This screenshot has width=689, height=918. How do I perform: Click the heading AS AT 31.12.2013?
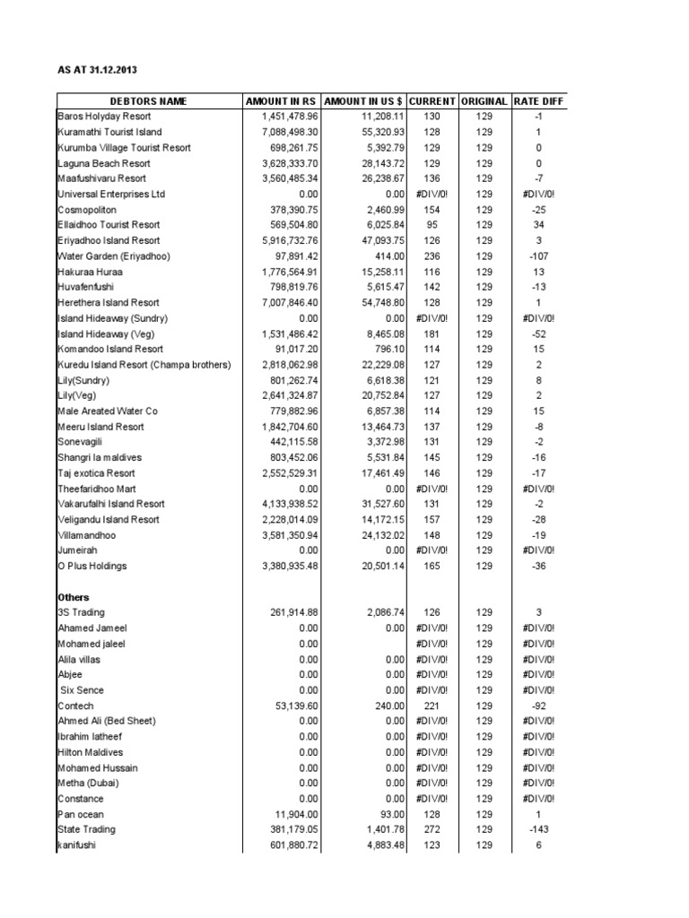tap(99, 70)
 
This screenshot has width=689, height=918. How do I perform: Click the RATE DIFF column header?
tap(538, 101)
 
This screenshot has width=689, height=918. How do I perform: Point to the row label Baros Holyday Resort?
tap(104, 117)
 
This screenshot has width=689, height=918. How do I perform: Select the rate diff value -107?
tap(538, 256)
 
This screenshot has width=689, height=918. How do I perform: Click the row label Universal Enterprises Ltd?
tap(111, 194)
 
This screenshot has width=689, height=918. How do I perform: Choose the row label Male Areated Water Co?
tap(108, 411)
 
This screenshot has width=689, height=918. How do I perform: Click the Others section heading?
tap(74, 597)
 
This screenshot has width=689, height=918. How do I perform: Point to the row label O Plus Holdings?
tap(92, 566)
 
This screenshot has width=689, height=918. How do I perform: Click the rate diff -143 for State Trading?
tap(538, 829)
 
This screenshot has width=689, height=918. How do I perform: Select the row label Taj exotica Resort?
tap(96, 472)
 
